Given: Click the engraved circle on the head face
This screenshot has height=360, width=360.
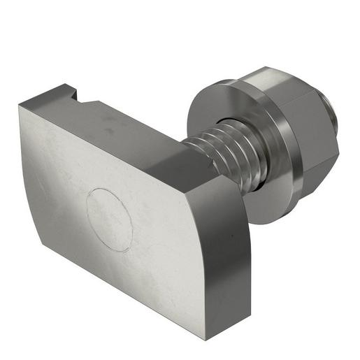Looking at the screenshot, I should (x=109, y=219).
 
